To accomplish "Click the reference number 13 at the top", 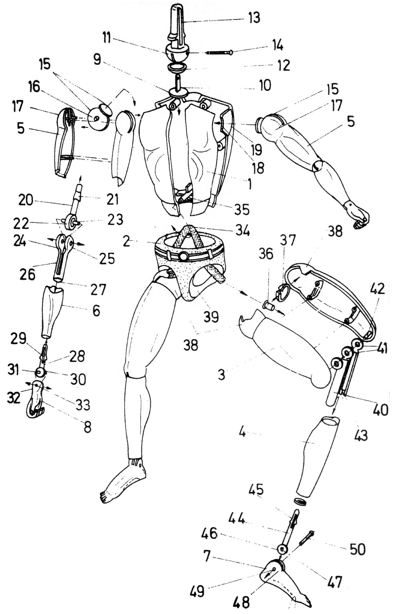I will pos(253,18).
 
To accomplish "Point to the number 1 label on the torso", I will pos(249,184).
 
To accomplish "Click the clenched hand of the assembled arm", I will pos(360,218).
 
